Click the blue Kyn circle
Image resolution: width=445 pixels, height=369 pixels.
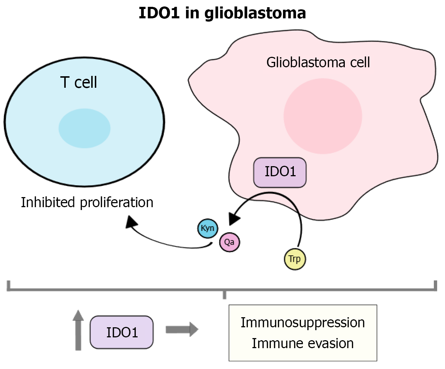[x=208, y=228]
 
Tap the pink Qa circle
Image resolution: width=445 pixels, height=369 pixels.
[x=229, y=242]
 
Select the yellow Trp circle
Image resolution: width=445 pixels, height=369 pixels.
[x=295, y=259]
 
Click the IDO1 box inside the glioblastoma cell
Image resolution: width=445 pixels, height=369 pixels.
[x=280, y=172]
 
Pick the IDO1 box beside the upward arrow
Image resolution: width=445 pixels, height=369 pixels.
[x=121, y=332]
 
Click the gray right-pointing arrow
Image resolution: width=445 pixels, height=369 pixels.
[x=182, y=329]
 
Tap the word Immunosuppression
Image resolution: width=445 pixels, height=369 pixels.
[x=302, y=323]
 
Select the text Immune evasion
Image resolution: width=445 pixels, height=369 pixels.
[x=302, y=343]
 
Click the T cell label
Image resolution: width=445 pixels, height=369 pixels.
[x=78, y=82]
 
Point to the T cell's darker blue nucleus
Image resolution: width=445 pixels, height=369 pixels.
[x=84, y=128]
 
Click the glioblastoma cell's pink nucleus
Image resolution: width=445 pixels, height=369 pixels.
[x=323, y=116]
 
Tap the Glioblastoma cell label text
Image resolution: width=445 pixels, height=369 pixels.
[x=318, y=63]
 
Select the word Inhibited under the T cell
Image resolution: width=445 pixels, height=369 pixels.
[x=48, y=202]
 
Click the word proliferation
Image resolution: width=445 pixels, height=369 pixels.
[x=117, y=203]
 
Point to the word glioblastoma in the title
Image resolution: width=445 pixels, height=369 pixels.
[x=255, y=13]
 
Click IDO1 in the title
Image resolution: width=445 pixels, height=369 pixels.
[x=159, y=13]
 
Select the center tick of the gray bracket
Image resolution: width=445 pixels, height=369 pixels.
[x=224, y=295]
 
